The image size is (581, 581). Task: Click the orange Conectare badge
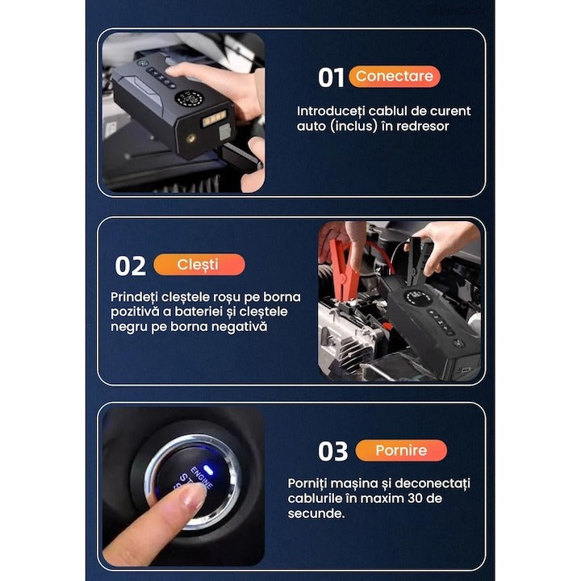click(394, 77)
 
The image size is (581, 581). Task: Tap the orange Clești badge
click(199, 265)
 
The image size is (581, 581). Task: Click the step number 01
click(331, 77)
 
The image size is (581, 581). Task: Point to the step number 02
click(131, 265)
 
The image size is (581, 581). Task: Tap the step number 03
click(333, 451)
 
